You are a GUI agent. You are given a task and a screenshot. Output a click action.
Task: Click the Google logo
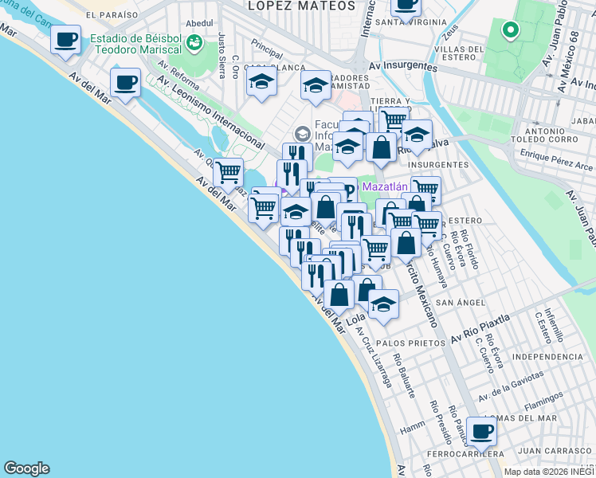coord(26,468)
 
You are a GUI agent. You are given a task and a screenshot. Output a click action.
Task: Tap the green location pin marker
coord(510,31)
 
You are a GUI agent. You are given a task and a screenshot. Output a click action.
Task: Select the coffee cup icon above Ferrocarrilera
coord(481,432)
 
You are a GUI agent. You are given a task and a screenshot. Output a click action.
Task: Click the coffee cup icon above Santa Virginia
coord(406,5)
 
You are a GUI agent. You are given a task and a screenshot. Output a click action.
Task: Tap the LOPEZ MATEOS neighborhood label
coord(288,6)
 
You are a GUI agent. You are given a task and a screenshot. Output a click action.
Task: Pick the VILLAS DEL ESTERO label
coord(456,49)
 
